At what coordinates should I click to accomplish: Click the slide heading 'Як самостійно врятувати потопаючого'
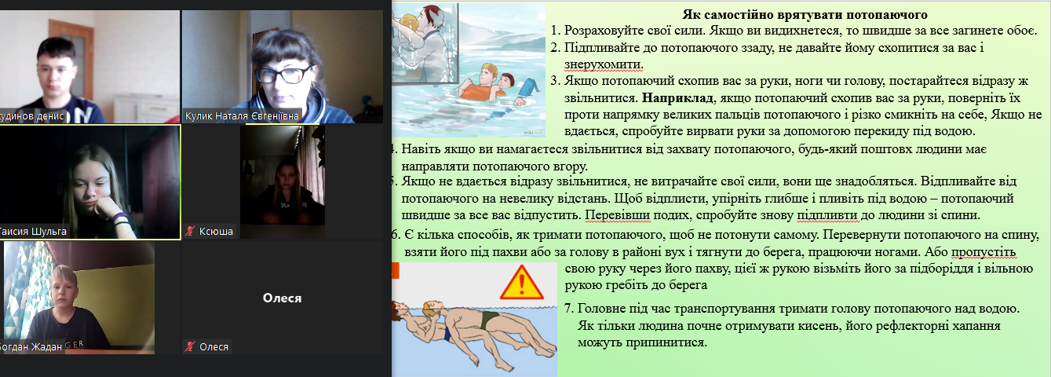[x=805, y=15]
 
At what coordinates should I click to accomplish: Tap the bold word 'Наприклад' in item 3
[x=677, y=98]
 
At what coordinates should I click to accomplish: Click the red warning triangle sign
[x=521, y=283]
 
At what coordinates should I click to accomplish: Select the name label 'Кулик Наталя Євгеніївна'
[x=242, y=116]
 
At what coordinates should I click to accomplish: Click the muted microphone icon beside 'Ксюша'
[x=190, y=231]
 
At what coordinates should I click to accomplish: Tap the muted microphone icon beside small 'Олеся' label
[x=190, y=347]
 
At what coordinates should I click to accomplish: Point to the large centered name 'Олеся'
[x=282, y=298]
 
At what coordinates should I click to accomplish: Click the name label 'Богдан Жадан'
[x=30, y=347]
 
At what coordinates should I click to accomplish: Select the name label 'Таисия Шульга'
[x=33, y=232]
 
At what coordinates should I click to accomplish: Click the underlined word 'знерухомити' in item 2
[x=604, y=64]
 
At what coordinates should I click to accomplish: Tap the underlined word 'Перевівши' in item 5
[x=618, y=215]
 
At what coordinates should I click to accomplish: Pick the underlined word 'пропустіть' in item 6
[x=983, y=252]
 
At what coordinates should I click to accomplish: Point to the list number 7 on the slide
[x=568, y=309]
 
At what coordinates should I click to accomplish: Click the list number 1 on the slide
[x=555, y=31]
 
